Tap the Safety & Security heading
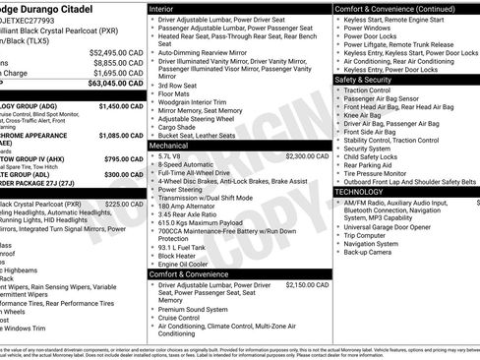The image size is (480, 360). click(x=369, y=79)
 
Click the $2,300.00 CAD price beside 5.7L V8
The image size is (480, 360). click(x=307, y=155)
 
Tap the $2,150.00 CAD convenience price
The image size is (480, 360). click(x=307, y=284)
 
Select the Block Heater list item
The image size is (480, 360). click(x=177, y=255)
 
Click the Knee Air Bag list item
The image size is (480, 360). click(x=363, y=115)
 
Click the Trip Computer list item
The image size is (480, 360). click(x=365, y=235)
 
